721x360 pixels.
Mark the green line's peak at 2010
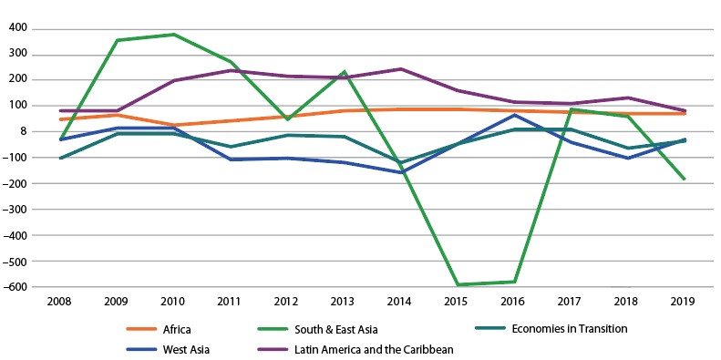click(x=174, y=35)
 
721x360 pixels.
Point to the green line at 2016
click(x=515, y=282)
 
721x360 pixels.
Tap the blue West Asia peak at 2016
click(x=515, y=115)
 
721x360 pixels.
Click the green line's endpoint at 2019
click(x=685, y=179)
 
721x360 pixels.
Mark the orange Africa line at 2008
click(x=60, y=119)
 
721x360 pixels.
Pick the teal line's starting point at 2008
click(x=60, y=159)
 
